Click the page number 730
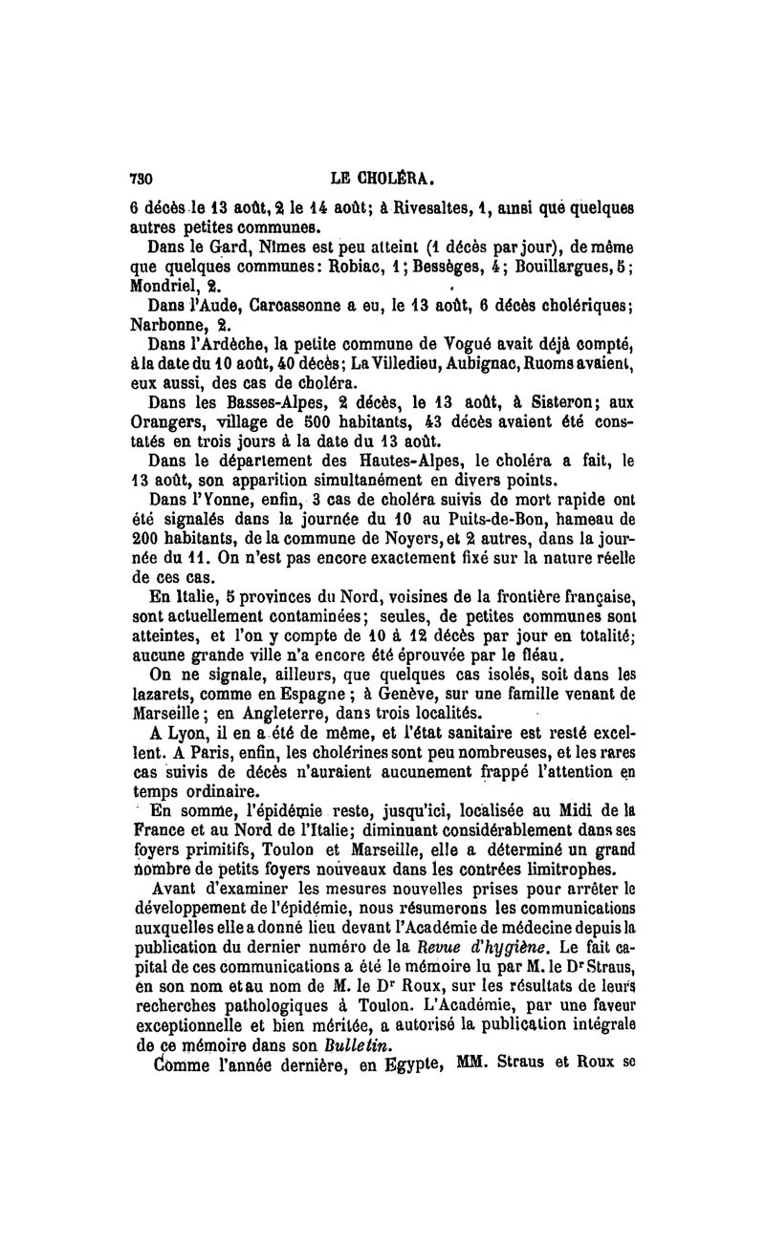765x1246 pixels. [x=142, y=178]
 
